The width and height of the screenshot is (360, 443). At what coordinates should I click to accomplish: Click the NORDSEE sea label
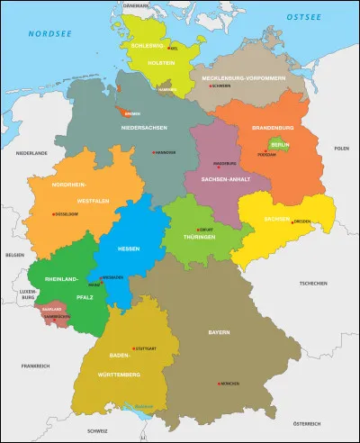[x=46, y=35]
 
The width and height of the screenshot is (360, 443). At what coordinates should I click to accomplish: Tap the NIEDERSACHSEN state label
[x=145, y=127]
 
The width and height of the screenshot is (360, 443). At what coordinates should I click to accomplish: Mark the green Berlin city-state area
[x=267, y=145]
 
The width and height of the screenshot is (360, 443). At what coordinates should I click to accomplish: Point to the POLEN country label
[x=341, y=148]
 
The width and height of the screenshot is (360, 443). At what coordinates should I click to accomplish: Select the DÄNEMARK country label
[x=135, y=6]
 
